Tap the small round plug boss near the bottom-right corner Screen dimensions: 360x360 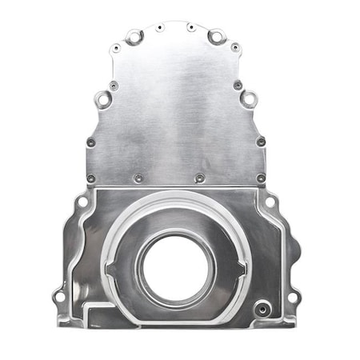[x=261, y=306]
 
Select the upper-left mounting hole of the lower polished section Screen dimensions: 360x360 [x=82, y=202]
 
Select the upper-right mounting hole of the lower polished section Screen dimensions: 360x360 [x=270, y=202]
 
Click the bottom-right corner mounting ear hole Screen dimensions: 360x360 [x=293, y=297]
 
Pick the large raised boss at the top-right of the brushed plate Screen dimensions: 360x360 [x=215, y=36]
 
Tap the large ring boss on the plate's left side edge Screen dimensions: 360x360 [x=103, y=99]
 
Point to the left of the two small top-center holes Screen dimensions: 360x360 [x=160, y=28]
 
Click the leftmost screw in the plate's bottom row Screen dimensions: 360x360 [x=90, y=178]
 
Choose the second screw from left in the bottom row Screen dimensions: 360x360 [x=138, y=178]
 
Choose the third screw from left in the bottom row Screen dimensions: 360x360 [x=199, y=178]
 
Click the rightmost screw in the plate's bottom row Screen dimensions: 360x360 [x=261, y=178]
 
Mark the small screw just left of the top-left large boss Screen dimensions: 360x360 [x=116, y=49]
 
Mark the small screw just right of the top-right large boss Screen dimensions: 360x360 [x=235, y=48]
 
